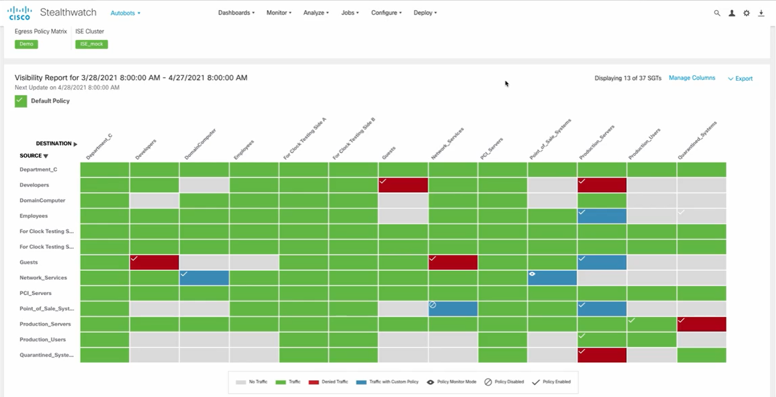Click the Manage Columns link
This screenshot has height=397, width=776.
[x=691, y=78]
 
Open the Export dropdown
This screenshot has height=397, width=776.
[x=740, y=79]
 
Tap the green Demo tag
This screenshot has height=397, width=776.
[x=26, y=44]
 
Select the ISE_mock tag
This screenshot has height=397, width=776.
[x=91, y=44]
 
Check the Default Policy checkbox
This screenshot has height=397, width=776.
[x=21, y=101]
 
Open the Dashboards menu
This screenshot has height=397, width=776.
[x=236, y=12]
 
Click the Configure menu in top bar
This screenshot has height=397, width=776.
[x=386, y=12]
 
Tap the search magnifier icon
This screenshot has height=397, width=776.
[x=717, y=13]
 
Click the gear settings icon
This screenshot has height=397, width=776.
[x=746, y=13]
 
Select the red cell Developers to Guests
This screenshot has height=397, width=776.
[x=403, y=185]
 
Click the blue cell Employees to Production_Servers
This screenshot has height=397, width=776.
[x=602, y=216]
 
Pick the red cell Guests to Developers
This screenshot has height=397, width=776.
[x=155, y=262]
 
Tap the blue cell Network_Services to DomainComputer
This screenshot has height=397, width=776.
[x=204, y=278]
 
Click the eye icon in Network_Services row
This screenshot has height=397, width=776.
[x=533, y=274]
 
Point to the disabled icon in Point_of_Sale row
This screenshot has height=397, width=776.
[x=433, y=305]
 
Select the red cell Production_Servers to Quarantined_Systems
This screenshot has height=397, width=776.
[x=701, y=324]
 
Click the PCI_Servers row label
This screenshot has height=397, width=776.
[x=35, y=293]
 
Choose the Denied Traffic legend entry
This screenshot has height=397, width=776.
[x=328, y=382]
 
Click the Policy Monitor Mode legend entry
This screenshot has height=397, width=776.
[x=451, y=382]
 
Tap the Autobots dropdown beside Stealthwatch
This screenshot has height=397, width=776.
[x=125, y=13]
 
